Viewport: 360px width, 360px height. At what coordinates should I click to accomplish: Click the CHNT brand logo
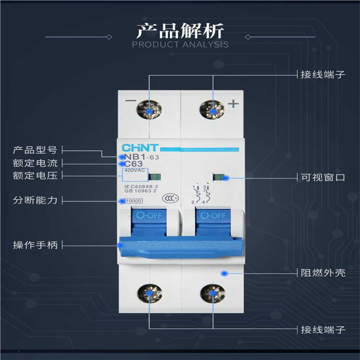pos(140,148)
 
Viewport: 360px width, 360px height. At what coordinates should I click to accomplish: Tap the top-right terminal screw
pos(211,108)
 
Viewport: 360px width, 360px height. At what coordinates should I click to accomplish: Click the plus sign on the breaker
pos(233,104)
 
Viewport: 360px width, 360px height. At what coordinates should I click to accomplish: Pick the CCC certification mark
pos(169,198)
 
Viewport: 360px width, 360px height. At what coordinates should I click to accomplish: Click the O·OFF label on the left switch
pos(149,216)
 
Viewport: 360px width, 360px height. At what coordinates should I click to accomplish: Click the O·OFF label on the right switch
pos(213,216)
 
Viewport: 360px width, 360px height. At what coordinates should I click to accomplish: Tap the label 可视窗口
pos(323,177)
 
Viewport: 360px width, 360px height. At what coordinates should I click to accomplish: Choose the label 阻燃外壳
pos(323,273)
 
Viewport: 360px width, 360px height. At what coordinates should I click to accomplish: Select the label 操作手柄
pos(36,245)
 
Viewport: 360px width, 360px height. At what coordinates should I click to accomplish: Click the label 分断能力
pos(36,200)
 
